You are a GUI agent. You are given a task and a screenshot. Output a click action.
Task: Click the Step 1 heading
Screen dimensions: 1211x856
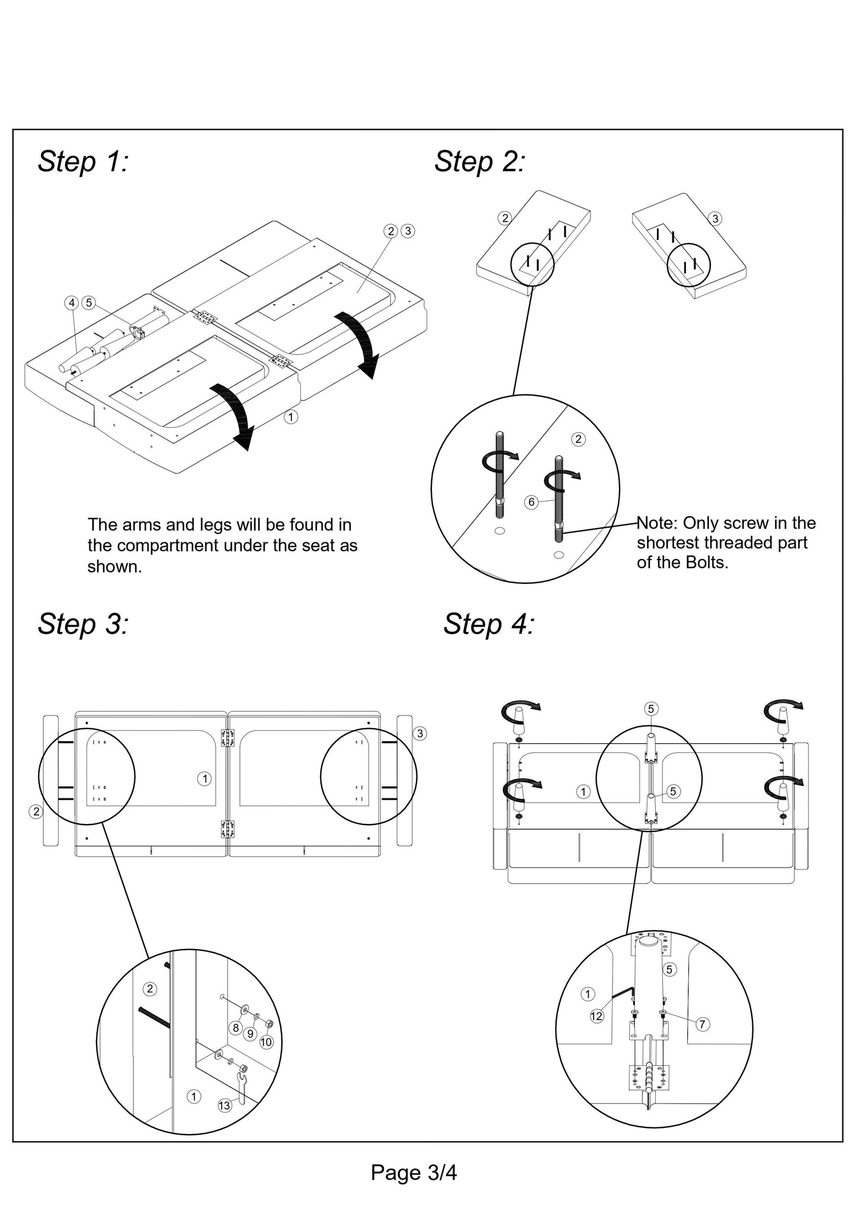[x=83, y=162]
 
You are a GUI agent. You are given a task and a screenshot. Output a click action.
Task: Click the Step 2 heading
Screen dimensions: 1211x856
[x=479, y=162]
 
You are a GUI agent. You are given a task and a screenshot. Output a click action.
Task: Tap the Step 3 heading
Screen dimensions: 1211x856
[x=83, y=624]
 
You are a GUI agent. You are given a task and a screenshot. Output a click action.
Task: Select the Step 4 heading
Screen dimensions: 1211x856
[x=489, y=624]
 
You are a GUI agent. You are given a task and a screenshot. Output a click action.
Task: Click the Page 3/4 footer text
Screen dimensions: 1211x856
[x=413, y=1172]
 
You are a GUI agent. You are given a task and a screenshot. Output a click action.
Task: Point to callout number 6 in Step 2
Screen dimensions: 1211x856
[x=531, y=502]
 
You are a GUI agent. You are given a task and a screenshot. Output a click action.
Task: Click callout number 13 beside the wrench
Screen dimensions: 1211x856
[x=225, y=1105]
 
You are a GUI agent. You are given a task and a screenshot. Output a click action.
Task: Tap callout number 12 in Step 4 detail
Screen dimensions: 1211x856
[x=597, y=1016]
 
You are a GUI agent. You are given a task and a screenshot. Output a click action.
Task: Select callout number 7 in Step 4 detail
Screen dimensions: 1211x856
[x=702, y=1024]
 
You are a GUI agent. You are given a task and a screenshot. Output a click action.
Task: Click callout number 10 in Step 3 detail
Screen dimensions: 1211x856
[x=266, y=1041]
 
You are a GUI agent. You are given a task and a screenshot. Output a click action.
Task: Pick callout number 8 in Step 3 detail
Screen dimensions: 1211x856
[x=235, y=1028]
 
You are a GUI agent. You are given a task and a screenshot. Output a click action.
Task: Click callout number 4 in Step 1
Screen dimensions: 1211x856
[x=72, y=303]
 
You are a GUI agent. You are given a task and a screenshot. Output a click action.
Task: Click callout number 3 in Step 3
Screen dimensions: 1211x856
[x=420, y=733]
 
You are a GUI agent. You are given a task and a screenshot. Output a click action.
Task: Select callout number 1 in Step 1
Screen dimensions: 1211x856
[x=290, y=417]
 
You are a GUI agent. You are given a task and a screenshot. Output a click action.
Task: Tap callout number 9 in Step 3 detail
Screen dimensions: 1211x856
[x=251, y=1034]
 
